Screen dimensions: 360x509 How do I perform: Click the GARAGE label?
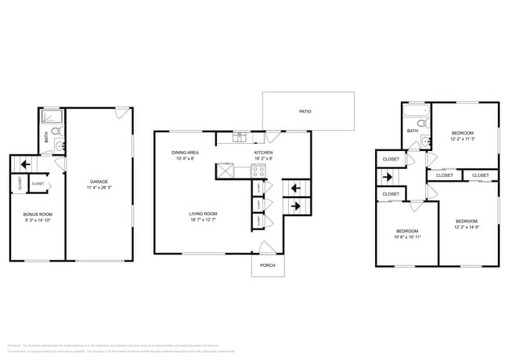pos(99,182)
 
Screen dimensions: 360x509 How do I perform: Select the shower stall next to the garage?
pos(52,117)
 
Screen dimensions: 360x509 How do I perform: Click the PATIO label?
pos(305,111)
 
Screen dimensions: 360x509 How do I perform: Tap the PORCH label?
pos(268,265)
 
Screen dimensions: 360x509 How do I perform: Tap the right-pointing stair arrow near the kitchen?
pos(296,206)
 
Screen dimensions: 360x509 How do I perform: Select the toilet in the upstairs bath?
pos(421,124)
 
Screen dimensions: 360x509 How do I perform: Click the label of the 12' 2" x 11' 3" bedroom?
pos(462,134)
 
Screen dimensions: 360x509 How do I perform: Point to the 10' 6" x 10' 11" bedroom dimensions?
pos(406,236)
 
